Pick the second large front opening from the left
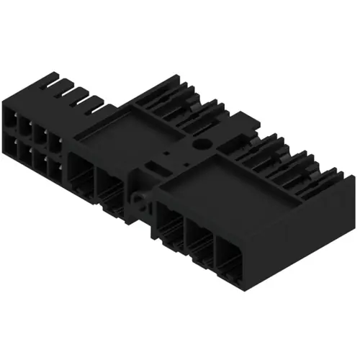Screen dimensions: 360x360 pyautogui.click(x=109, y=189)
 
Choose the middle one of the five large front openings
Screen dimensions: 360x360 pyautogui.click(x=170, y=223)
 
